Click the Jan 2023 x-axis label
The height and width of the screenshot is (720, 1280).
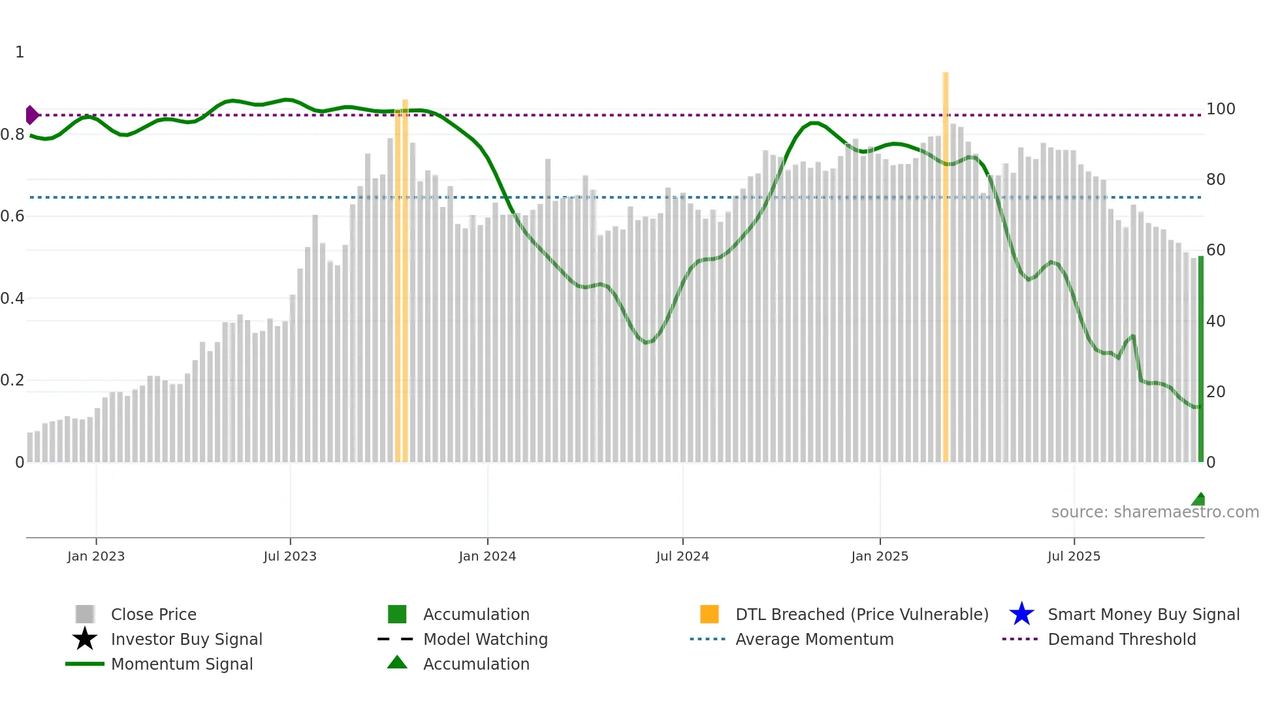[x=95, y=556]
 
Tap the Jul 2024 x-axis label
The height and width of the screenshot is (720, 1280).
[x=682, y=556]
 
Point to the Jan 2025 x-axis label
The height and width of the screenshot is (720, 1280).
[x=880, y=556]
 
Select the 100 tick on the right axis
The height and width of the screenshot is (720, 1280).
[x=1220, y=109]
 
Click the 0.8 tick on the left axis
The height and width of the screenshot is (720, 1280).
[x=12, y=135]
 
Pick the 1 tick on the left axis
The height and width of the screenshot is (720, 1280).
[x=20, y=52]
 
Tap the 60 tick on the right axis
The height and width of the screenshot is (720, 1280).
[x=1215, y=250]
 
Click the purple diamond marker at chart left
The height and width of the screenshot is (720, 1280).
[x=31, y=115]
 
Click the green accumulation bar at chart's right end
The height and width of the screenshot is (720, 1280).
[x=1200, y=359]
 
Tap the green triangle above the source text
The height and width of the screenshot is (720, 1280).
[x=1199, y=500]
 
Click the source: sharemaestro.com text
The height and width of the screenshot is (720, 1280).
[x=1155, y=512]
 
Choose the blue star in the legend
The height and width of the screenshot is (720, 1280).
[x=1021, y=614]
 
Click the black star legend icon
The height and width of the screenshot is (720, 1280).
[x=85, y=639]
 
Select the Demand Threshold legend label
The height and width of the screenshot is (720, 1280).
[x=1121, y=639]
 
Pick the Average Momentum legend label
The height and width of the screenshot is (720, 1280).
[x=814, y=639]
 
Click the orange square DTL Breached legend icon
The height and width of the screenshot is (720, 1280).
[x=709, y=614]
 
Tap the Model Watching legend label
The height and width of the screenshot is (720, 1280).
[x=485, y=639]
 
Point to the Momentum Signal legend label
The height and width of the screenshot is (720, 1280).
[x=182, y=664]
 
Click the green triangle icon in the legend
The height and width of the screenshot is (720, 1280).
[x=397, y=663]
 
